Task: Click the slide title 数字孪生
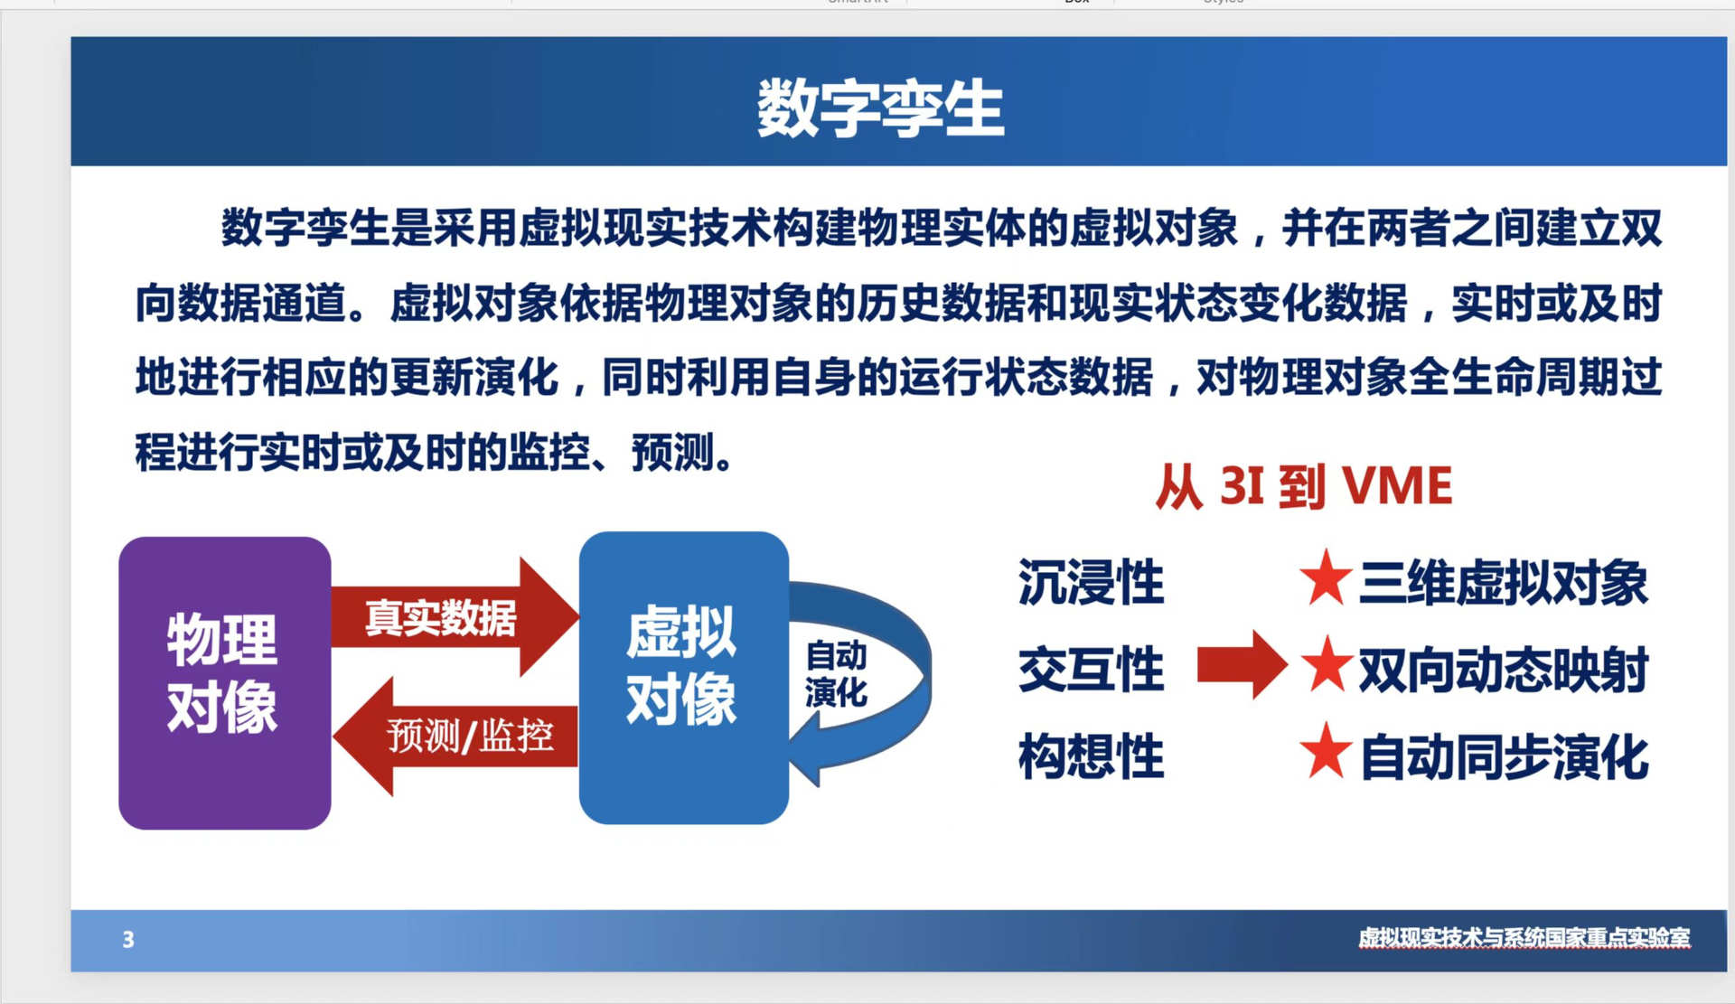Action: click(880, 108)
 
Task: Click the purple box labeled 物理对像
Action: click(225, 682)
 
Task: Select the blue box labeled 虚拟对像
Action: click(684, 678)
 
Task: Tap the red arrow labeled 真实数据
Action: click(455, 617)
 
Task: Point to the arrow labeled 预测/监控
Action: click(455, 737)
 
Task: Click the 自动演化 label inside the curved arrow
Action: click(836, 674)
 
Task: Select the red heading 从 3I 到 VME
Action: click(1304, 486)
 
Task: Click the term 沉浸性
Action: click(1091, 581)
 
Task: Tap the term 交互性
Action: click(1091, 669)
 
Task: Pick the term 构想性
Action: click(1091, 756)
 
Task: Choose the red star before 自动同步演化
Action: click(1326, 751)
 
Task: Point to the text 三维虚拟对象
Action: click(1504, 582)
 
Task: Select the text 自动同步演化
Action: click(1504, 757)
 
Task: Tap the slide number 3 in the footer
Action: click(128, 940)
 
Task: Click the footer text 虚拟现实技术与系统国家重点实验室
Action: click(1524, 938)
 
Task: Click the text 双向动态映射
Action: click(1504, 670)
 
